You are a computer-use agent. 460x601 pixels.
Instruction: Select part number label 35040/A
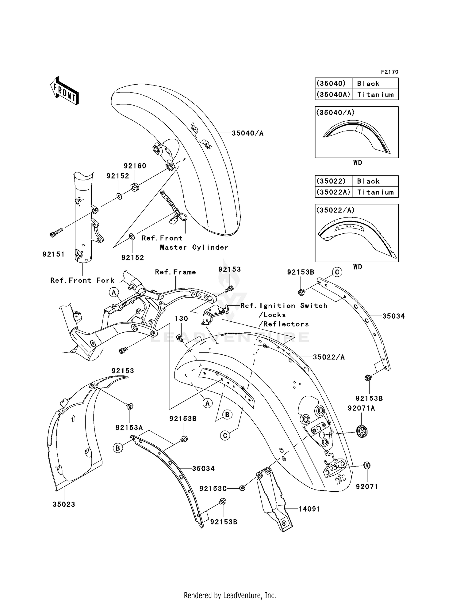click(247, 133)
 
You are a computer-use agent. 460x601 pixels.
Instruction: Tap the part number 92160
click(135, 166)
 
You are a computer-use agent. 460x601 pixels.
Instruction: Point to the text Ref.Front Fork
click(82, 280)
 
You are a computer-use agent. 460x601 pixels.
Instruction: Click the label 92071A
click(361, 408)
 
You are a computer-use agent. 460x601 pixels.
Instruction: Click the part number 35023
click(64, 504)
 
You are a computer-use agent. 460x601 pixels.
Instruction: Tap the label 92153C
click(213, 489)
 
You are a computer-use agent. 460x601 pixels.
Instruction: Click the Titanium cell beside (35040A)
click(375, 95)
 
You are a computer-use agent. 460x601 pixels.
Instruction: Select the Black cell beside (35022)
click(368, 181)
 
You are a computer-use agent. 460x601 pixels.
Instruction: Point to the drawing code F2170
click(389, 72)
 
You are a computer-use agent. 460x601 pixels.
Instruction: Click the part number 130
click(181, 319)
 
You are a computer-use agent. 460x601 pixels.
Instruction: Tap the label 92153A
click(129, 427)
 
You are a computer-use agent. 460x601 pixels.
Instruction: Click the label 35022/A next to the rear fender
click(329, 357)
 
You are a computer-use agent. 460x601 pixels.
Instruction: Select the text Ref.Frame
click(175, 272)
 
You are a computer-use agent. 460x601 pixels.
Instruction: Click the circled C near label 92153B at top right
click(337, 272)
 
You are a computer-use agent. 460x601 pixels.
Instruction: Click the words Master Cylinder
click(194, 247)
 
